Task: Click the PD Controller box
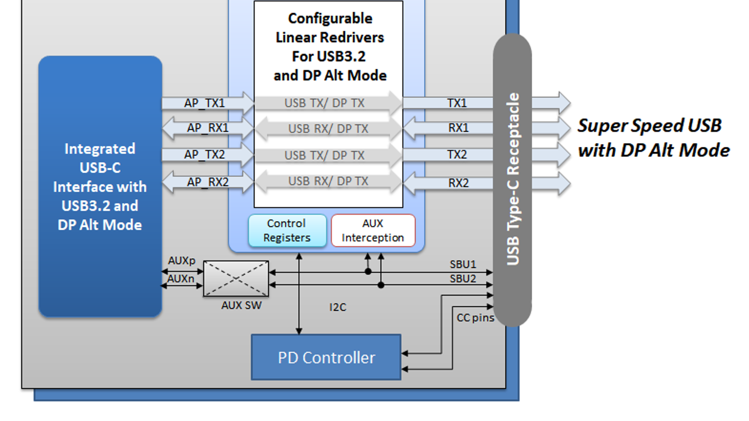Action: click(326, 357)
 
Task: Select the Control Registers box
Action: click(287, 230)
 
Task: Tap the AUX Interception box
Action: click(373, 230)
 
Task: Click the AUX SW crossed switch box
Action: click(236, 279)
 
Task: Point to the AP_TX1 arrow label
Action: click(205, 103)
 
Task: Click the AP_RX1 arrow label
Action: click(208, 128)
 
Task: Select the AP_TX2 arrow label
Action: click(205, 154)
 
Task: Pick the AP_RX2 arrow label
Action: click(208, 182)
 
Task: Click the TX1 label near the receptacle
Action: click(457, 103)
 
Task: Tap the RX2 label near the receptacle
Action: click(458, 183)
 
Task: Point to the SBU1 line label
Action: click(463, 264)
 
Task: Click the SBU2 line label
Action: click(463, 279)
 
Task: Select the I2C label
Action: click(338, 307)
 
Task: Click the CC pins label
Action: click(475, 318)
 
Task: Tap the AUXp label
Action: click(182, 261)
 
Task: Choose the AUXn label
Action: click(181, 279)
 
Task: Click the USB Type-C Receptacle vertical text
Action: click(513, 179)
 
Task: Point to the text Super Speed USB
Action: click(649, 125)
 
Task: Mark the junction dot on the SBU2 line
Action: click(381, 285)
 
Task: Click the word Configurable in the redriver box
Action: click(330, 18)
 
